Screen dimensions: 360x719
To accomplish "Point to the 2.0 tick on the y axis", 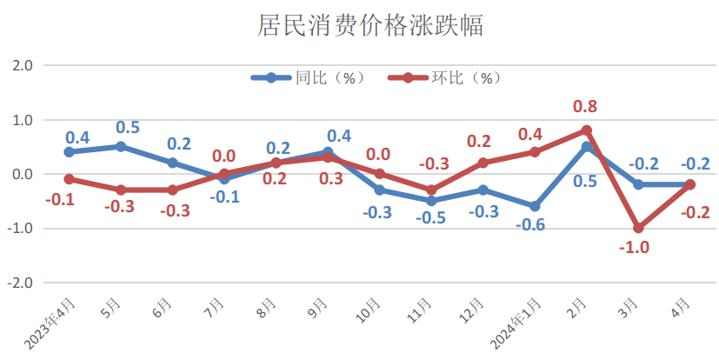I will coord(22,65).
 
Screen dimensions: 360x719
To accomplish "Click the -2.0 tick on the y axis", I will coord(20,283).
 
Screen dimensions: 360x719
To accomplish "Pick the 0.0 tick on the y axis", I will coord(22,174).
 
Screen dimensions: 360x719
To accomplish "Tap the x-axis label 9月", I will coord(319,308).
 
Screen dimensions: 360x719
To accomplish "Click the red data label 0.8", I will coord(585,107).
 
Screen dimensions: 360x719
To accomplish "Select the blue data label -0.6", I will coord(532,225).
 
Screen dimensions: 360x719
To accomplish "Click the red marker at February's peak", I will coord(586,130).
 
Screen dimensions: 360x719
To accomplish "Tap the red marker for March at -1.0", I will coord(638,228).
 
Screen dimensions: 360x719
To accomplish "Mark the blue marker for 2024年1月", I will coord(534,206).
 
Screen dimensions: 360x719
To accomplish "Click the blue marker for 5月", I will coord(120,146).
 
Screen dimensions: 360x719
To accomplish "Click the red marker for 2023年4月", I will coord(68,179).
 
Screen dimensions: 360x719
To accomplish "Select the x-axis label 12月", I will coord(474,310).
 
